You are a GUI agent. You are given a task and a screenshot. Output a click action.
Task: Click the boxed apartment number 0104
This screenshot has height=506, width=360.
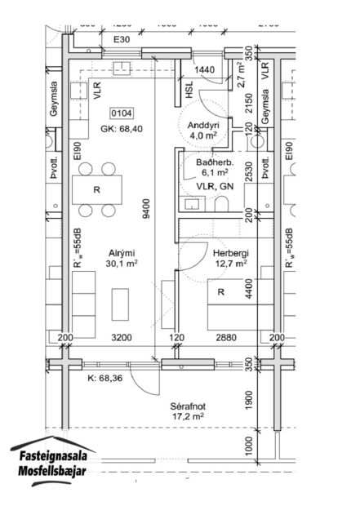(x=122, y=113)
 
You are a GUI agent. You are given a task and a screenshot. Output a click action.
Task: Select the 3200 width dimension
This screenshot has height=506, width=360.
(x=120, y=338)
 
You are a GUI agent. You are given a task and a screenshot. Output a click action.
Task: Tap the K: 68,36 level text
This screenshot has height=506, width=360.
(x=106, y=378)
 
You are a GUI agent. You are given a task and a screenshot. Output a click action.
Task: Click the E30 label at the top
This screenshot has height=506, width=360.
(x=122, y=39)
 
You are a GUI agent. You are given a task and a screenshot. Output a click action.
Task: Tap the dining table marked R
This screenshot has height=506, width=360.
(x=96, y=190)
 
